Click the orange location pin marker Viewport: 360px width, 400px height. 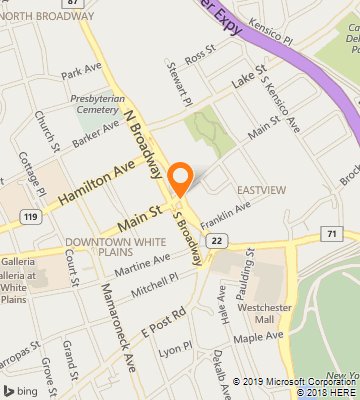pos(180,178)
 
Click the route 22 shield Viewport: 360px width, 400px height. pos(217,237)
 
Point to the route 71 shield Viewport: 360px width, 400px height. pos(328,234)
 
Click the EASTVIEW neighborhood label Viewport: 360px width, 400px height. pos(257,189)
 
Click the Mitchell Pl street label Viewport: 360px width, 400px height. pos(160,285)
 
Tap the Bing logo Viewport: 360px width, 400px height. pos(20,389)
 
